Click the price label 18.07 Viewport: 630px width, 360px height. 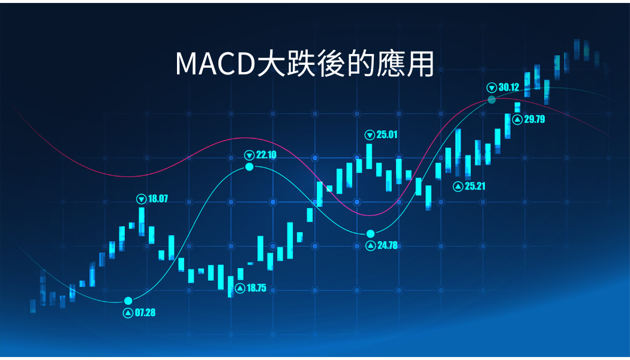point(158,199)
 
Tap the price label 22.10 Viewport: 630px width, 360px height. point(266,155)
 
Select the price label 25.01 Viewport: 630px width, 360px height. point(387,134)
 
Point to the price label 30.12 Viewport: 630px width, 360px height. point(509,87)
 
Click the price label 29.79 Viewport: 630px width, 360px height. point(535,119)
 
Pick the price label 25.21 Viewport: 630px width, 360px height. point(475,186)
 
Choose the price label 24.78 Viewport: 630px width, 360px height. point(388,245)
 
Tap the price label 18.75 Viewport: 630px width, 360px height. point(256,288)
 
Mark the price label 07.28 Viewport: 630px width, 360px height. point(145,313)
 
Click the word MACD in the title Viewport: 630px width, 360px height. point(216,64)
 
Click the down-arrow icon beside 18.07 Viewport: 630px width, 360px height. point(142,199)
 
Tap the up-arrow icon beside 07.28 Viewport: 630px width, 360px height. point(128,313)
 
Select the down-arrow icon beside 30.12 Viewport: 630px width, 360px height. point(492,88)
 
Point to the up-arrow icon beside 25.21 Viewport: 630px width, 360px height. point(458,187)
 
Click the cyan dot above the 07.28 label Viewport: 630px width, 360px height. point(128,301)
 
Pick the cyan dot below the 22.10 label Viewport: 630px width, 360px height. point(250,167)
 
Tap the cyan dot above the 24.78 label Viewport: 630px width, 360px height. point(370,234)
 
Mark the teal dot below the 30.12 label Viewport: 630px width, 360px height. point(492,100)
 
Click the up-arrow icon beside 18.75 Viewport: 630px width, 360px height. point(240,289)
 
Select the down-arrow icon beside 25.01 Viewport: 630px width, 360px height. point(370,135)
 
